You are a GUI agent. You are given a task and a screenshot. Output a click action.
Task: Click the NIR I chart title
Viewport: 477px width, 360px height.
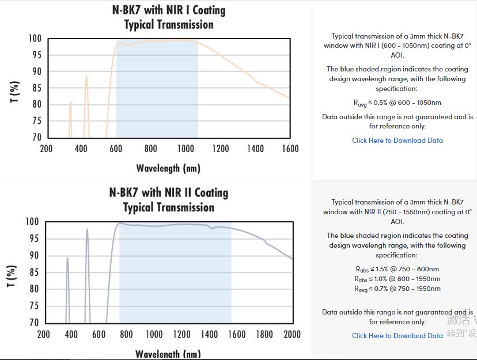(168, 17)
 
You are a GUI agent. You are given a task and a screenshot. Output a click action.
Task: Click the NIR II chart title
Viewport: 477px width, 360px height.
(168, 200)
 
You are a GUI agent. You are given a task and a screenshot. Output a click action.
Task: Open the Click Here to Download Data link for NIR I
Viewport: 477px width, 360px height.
(397, 141)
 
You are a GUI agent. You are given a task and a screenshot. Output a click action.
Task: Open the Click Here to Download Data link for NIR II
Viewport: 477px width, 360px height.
(397, 336)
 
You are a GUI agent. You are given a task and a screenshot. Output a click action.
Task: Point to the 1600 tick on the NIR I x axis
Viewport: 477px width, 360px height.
(290, 149)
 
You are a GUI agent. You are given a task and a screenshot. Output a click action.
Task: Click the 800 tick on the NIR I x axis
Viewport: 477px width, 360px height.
(151, 149)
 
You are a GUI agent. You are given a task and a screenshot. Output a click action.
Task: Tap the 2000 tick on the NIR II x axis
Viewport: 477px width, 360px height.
(292, 334)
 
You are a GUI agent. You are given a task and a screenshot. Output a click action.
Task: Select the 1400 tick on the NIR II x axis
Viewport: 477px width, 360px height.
(209, 334)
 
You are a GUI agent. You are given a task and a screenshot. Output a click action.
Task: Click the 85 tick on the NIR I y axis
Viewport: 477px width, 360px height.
(36, 88)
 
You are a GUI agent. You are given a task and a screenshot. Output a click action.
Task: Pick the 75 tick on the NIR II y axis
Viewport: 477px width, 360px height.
(34, 306)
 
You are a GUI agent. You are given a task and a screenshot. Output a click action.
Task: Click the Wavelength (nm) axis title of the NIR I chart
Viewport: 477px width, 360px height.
(168, 168)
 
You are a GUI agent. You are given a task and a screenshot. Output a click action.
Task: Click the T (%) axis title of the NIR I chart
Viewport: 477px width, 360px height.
(15, 92)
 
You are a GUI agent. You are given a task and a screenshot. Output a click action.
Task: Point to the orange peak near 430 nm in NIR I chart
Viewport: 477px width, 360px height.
(86, 77)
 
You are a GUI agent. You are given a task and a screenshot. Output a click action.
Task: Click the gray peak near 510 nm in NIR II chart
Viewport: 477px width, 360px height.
(87, 230)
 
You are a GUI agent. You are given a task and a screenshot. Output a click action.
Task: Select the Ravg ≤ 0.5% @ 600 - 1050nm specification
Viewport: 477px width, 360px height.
(397, 103)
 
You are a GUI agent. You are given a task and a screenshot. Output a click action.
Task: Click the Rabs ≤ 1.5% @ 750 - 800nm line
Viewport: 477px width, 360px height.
(397, 269)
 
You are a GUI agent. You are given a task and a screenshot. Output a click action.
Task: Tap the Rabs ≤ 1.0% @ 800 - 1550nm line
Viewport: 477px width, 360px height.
(397, 279)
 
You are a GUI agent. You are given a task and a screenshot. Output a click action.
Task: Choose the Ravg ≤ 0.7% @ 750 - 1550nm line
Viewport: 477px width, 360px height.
(397, 289)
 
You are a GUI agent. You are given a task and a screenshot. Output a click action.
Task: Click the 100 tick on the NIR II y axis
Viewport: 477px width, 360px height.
(32, 222)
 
